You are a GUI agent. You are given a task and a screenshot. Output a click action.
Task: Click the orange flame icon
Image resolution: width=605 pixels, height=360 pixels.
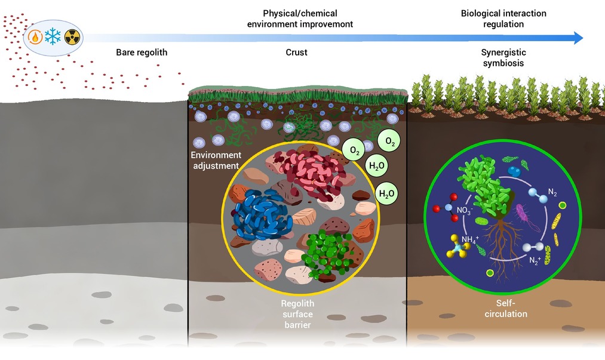click(35, 38)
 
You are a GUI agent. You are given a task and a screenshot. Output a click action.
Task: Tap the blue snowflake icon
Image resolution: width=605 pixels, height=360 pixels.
click(53, 36)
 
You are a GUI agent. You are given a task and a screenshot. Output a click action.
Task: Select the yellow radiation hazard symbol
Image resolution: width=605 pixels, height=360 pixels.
click(72, 38)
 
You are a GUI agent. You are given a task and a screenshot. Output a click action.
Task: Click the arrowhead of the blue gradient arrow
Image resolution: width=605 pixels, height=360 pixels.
click(578, 38)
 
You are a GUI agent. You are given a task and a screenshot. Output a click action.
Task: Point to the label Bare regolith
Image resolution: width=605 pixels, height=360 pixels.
click(142, 53)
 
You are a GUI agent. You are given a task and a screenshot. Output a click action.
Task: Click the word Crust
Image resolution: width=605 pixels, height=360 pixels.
click(296, 53)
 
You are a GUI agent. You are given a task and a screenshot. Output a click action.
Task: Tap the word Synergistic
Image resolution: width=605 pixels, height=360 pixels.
click(503, 52)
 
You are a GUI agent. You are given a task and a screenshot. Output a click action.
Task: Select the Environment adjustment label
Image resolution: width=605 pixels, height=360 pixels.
click(216, 160)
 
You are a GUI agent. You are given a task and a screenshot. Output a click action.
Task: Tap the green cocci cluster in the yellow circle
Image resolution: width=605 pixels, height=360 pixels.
click(327, 254)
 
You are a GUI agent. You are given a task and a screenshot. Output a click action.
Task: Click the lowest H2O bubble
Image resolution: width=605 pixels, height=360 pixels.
click(386, 193)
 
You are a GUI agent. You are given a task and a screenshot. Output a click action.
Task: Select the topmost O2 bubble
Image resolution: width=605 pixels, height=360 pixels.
click(389, 141)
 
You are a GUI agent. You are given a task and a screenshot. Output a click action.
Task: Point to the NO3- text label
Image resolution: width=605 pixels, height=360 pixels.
click(465, 210)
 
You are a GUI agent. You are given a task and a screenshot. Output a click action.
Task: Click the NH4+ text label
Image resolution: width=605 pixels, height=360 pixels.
click(470, 239)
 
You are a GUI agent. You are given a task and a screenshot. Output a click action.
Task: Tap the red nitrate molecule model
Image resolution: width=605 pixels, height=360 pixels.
click(447, 208)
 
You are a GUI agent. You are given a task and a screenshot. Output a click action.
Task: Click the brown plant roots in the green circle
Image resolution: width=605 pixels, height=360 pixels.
click(502, 247)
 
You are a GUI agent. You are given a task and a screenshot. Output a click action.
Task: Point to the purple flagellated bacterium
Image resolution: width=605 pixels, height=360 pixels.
click(526, 216)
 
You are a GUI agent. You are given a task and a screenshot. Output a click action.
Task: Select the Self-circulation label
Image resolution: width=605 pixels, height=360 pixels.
click(506, 308)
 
